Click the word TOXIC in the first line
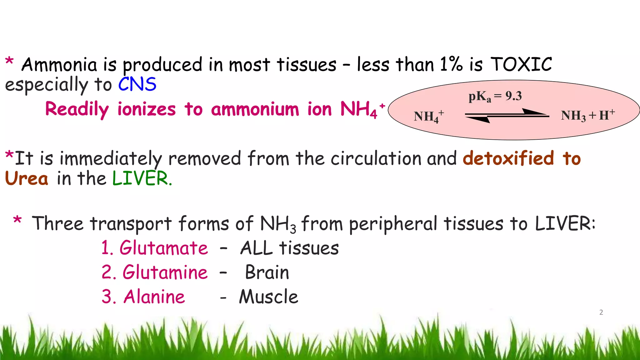[521, 65]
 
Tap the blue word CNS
[137, 84]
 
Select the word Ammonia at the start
[59, 65]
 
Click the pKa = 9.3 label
[495, 96]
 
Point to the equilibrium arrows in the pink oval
[507, 116]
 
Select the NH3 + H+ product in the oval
[587, 116]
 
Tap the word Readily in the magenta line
[77, 109]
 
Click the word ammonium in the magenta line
[255, 109]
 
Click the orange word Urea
[27, 178]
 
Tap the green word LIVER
[141, 178]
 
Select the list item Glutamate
[163, 248]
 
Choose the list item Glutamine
[165, 272]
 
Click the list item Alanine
[154, 297]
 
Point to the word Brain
[267, 272]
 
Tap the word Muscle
[269, 297]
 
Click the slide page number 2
[601, 312]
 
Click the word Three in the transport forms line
[58, 223]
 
